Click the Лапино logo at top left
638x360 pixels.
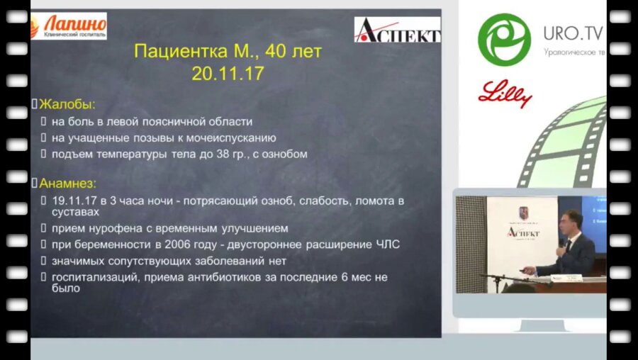(69, 26)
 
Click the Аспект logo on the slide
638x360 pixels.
(397, 30)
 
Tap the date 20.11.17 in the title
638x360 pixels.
(228, 73)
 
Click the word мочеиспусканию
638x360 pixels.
(235, 137)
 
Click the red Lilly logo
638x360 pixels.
(505, 93)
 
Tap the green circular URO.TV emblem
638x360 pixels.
(504, 40)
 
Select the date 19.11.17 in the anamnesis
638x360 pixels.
(70, 201)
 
